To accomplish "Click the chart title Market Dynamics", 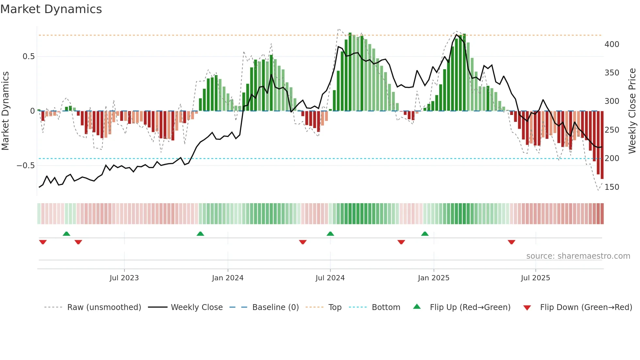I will (x=51, y=9).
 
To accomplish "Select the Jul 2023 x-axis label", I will (x=124, y=278).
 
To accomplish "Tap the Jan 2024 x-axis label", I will (x=228, y=278).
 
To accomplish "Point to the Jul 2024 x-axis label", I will (x=330, y=278).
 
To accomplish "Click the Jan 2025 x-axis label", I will (x=434, y=278).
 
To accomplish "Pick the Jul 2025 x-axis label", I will (x=536, y=278).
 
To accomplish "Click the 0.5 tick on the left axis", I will (x=28, y=57).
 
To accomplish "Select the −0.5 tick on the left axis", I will (x=26, y=166).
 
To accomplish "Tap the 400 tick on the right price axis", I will (x=612, y=44).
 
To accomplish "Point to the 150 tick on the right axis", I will (x=612, y=187).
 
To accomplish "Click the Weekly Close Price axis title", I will (x=632, y=111).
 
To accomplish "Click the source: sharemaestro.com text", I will (x=578, y=256).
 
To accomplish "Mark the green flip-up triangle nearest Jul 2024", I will (x=330, y=234).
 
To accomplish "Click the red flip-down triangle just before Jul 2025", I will (x=511, y=242).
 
